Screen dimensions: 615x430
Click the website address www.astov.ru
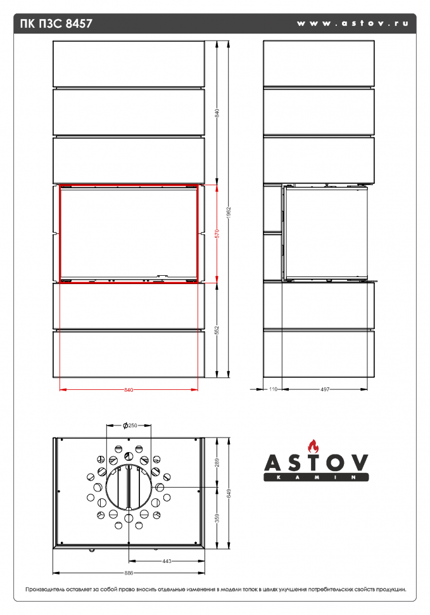(x=352, y=23)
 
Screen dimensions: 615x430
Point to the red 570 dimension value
(x=217, y=233)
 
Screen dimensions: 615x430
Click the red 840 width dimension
(x=129, y=389)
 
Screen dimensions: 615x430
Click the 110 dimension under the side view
(x=274, y=389)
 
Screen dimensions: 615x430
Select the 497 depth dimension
(x=325, y=389)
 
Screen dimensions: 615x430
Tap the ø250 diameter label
(x=130, y=425)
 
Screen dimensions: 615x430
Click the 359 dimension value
(x=217, y=519)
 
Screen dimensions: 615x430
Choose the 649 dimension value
(x=229, y=495)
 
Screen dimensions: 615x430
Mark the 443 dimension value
(x=167, y=561)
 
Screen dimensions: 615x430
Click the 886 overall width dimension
(x=129, y=573)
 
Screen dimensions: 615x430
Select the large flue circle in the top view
(x=129, y=488)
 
